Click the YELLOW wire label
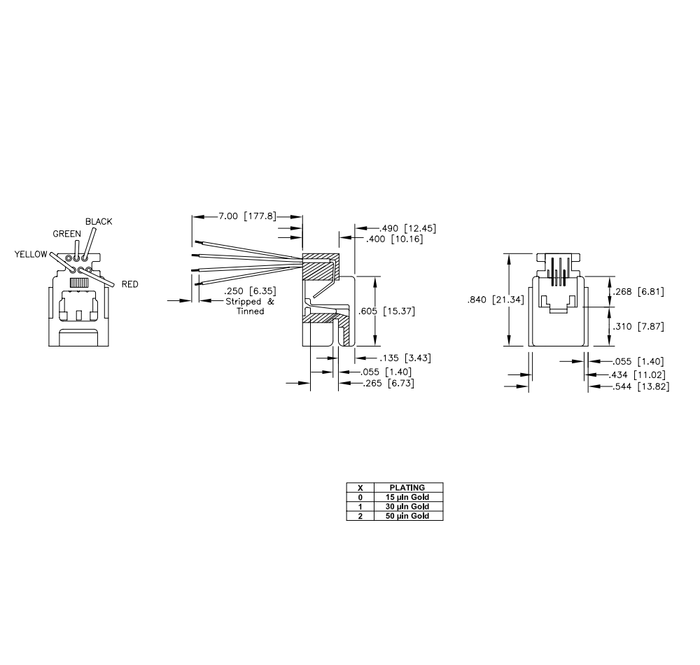[31, 254]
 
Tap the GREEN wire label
[67, 234]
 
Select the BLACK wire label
[99, 221]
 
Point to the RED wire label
[130, 284]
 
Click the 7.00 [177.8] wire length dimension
[247, 216]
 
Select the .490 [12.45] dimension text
[407, 228]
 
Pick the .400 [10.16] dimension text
[394, 239]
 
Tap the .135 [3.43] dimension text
[405, 358]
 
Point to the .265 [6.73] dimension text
[388, 384]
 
